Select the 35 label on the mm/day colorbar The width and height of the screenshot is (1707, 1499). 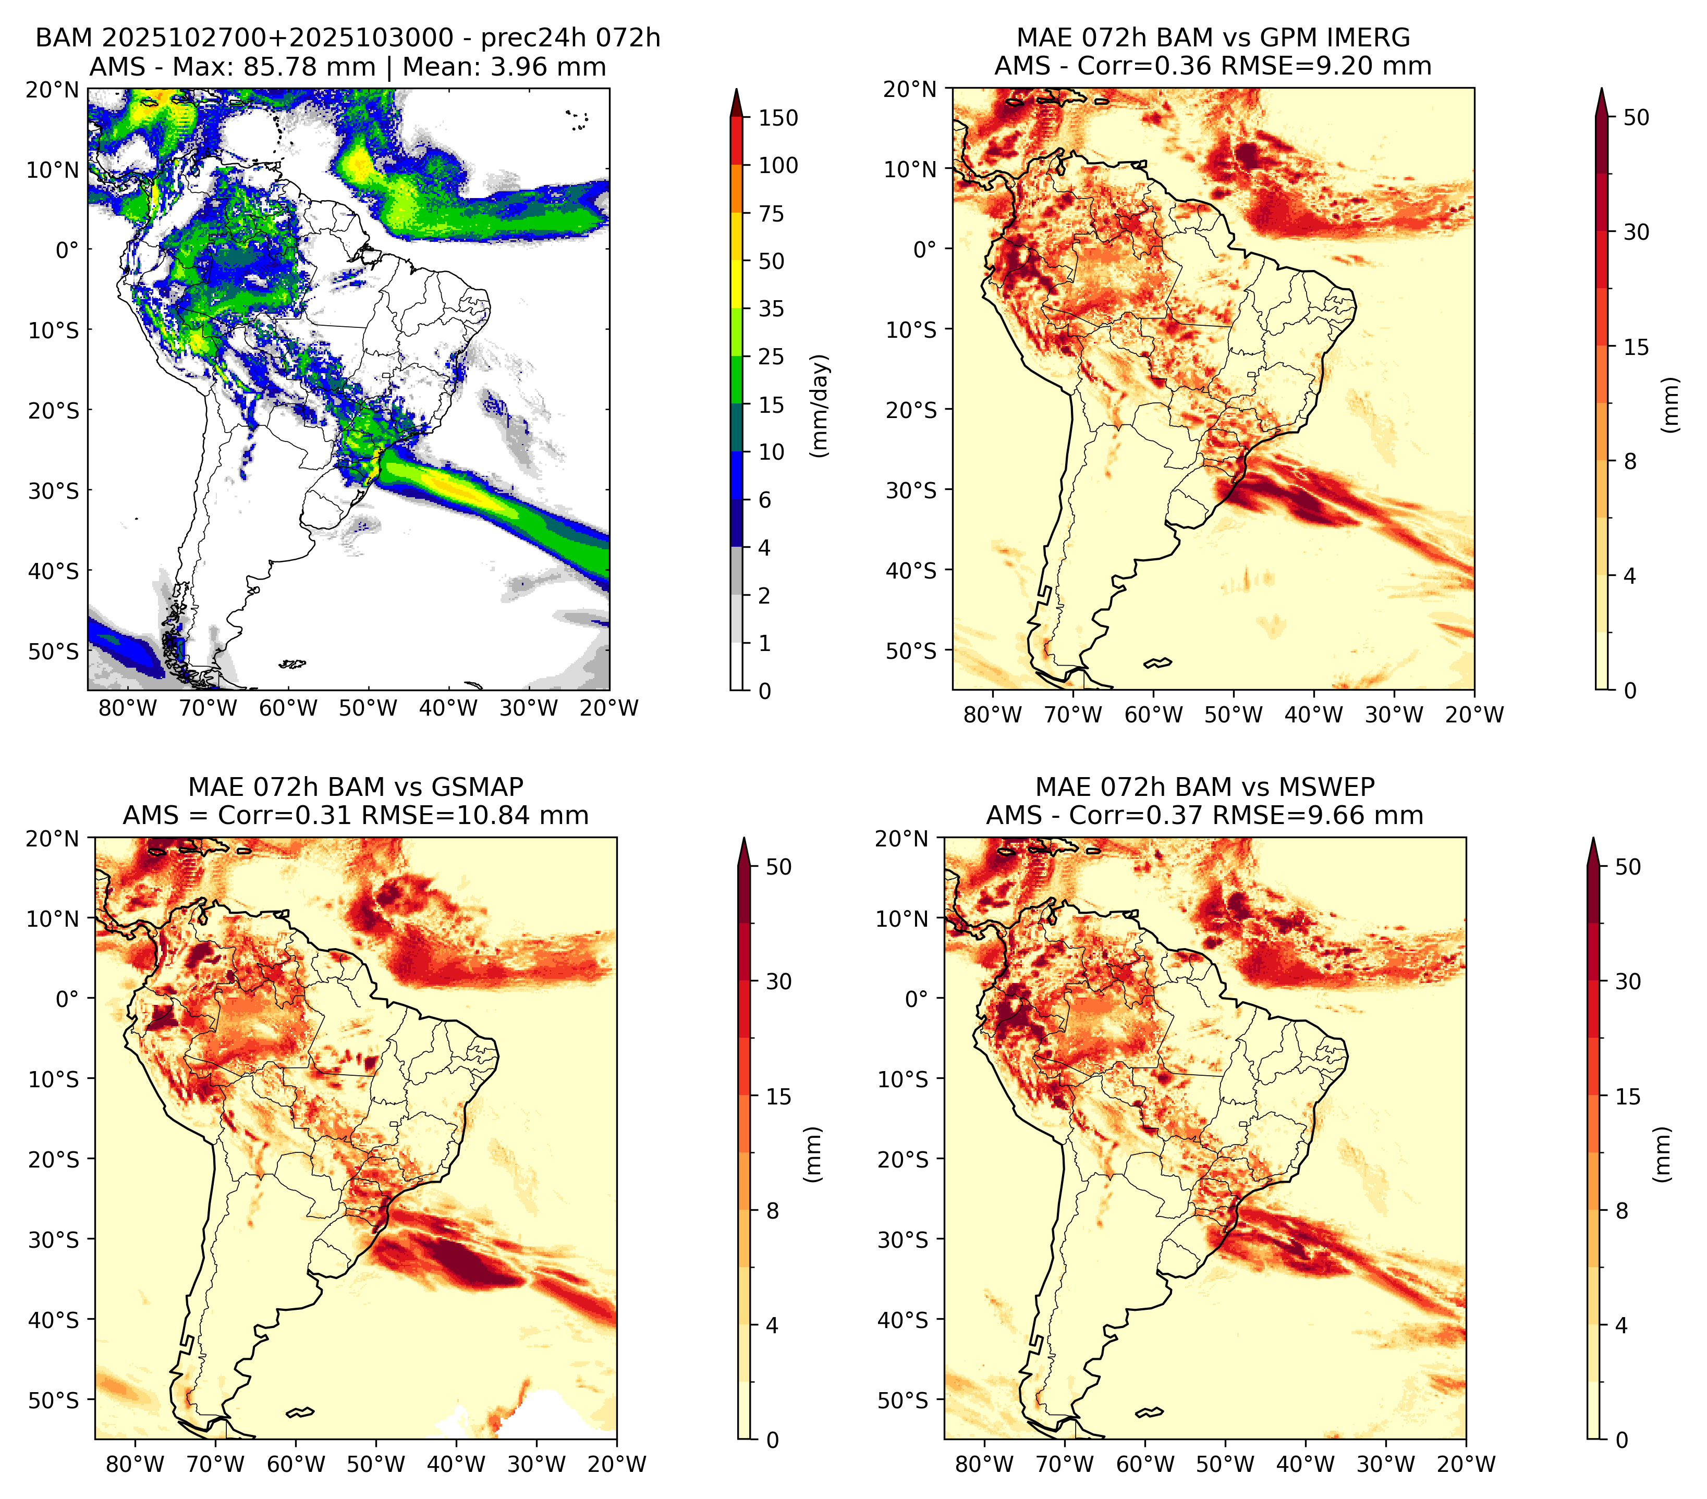(772, 309)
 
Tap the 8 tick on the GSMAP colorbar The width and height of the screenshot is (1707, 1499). (773, 1211)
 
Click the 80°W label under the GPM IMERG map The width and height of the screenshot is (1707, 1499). (992, 715)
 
